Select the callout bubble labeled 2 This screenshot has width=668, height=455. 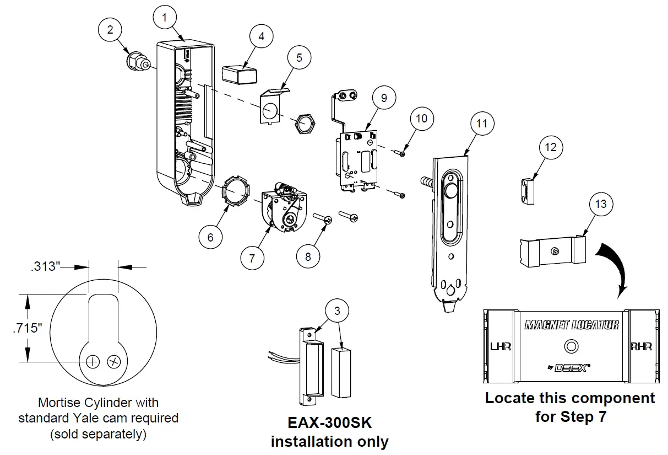click(110, 30)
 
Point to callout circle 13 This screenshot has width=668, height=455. click(601, 204)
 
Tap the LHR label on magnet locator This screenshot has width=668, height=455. click(501, 346)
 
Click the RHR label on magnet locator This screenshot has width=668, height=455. click(640, 346)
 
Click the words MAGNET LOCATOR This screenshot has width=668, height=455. click(571, 324)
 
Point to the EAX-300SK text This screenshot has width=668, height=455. click(330, 424)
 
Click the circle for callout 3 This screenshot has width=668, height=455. click(337, 311)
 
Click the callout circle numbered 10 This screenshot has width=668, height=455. click(421, 118)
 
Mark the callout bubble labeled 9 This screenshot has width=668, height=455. click(384, 98)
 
